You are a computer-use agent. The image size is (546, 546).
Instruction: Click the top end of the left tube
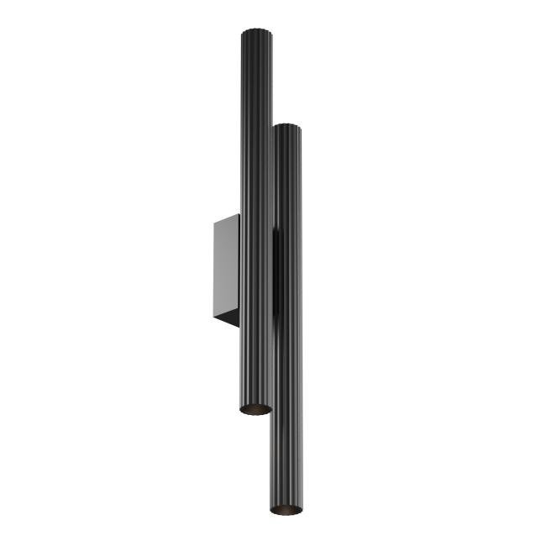pyautogui.click(x=257, y=34)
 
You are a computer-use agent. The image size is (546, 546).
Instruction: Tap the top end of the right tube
pyautogui.click(x=287, y=129)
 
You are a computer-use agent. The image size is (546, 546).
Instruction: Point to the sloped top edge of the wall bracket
pyautogui.click(x=227, y=218)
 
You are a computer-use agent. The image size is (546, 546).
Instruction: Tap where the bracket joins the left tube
pyautogui.click(x=240, y=269)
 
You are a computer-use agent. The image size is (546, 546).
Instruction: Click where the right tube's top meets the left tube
pyautogui.click(x=272, y=131)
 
